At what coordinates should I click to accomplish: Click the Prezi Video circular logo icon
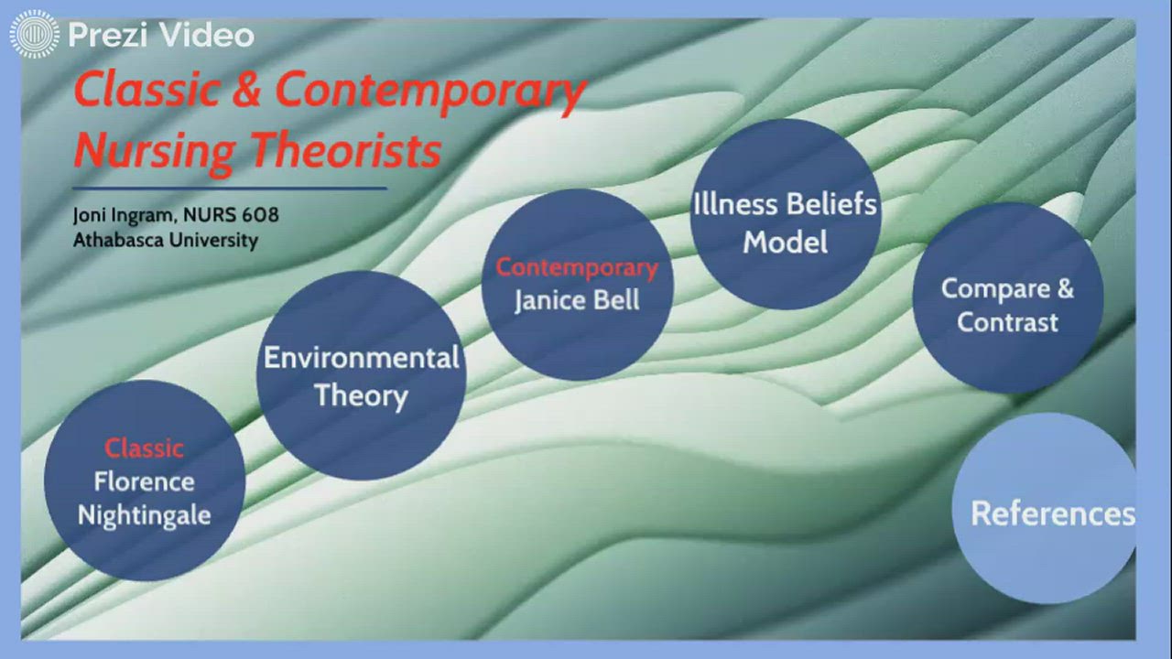34,35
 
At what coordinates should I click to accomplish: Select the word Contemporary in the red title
430,91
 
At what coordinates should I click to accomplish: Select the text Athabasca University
165,241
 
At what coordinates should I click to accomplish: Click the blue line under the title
229,189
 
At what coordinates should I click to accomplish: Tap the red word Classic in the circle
144,448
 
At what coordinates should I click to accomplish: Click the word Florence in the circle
144,481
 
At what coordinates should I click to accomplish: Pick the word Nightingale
144,515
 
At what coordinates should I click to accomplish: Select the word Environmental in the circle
361,358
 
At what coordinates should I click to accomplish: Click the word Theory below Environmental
361,396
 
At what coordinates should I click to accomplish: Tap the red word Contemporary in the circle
577,268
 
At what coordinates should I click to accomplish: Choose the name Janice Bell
577,300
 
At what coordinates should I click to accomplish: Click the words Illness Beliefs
785,204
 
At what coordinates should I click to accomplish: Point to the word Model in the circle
785,243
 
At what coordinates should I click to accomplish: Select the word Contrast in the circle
1007,322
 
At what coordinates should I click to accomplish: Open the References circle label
1052,513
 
